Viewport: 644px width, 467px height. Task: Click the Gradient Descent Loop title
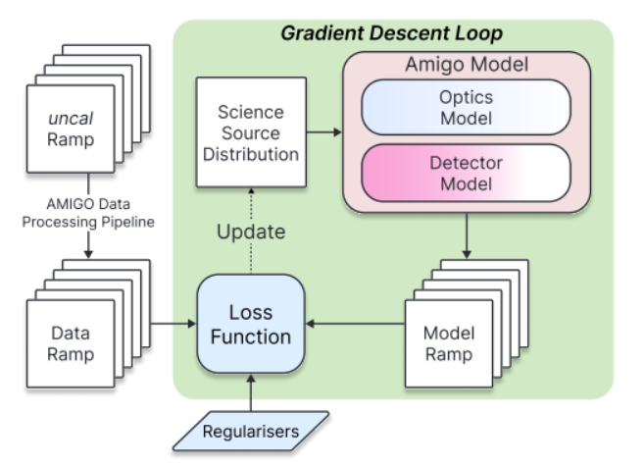392,32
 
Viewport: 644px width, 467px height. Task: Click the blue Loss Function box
253,323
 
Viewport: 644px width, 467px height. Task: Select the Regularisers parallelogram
253,431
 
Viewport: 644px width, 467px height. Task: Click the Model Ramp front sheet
447,344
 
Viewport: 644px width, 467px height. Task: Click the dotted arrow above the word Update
253,202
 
